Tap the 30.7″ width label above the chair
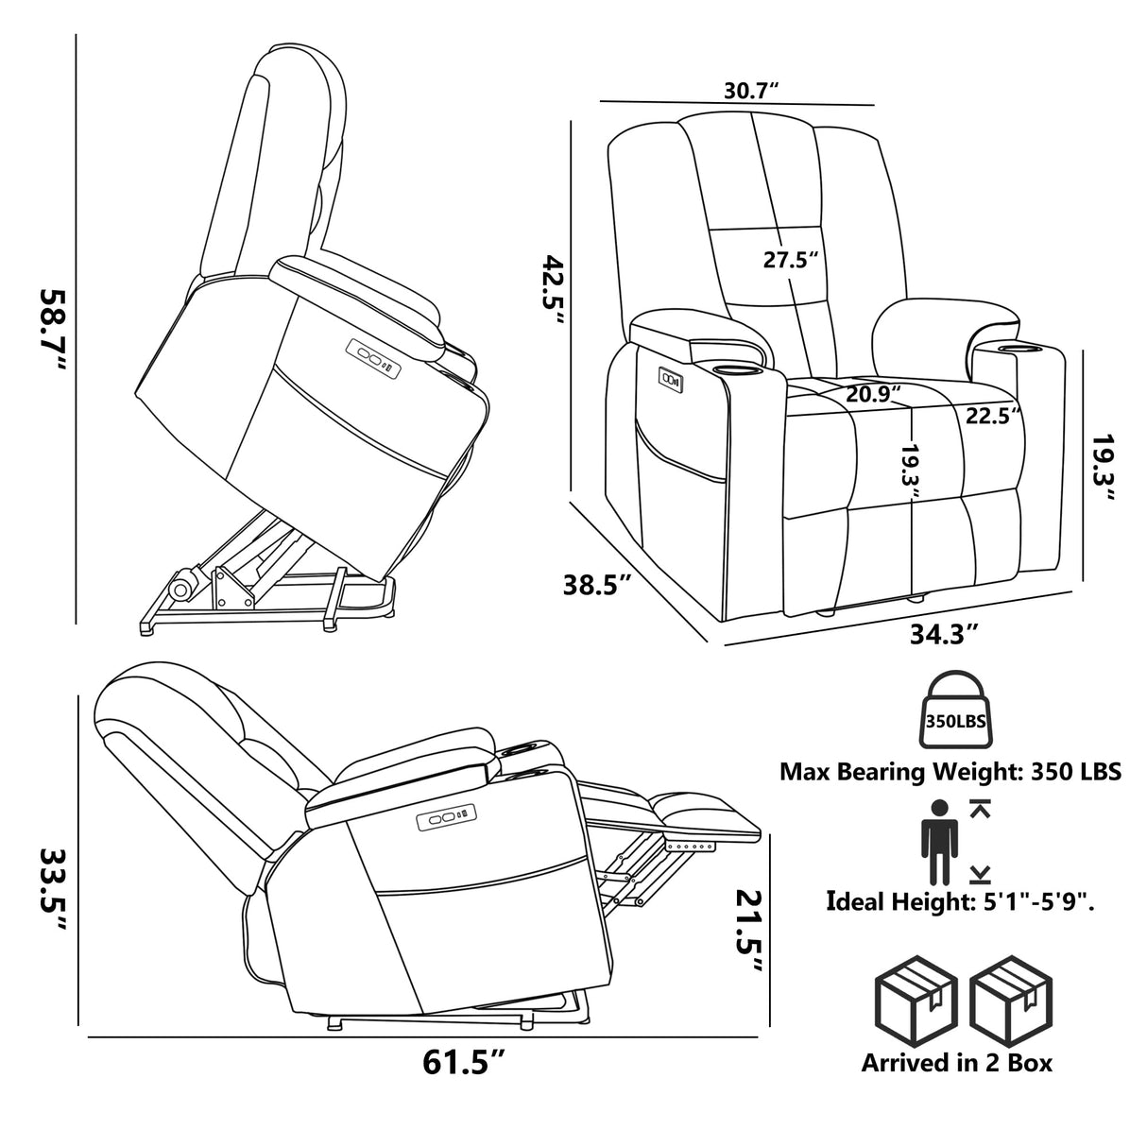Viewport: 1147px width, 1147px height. tap(750, 91)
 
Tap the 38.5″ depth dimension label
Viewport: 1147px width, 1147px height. tap(597, 585)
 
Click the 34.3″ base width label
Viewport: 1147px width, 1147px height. tap(943, 633)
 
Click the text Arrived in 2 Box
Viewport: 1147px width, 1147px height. tap(956, 1062)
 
